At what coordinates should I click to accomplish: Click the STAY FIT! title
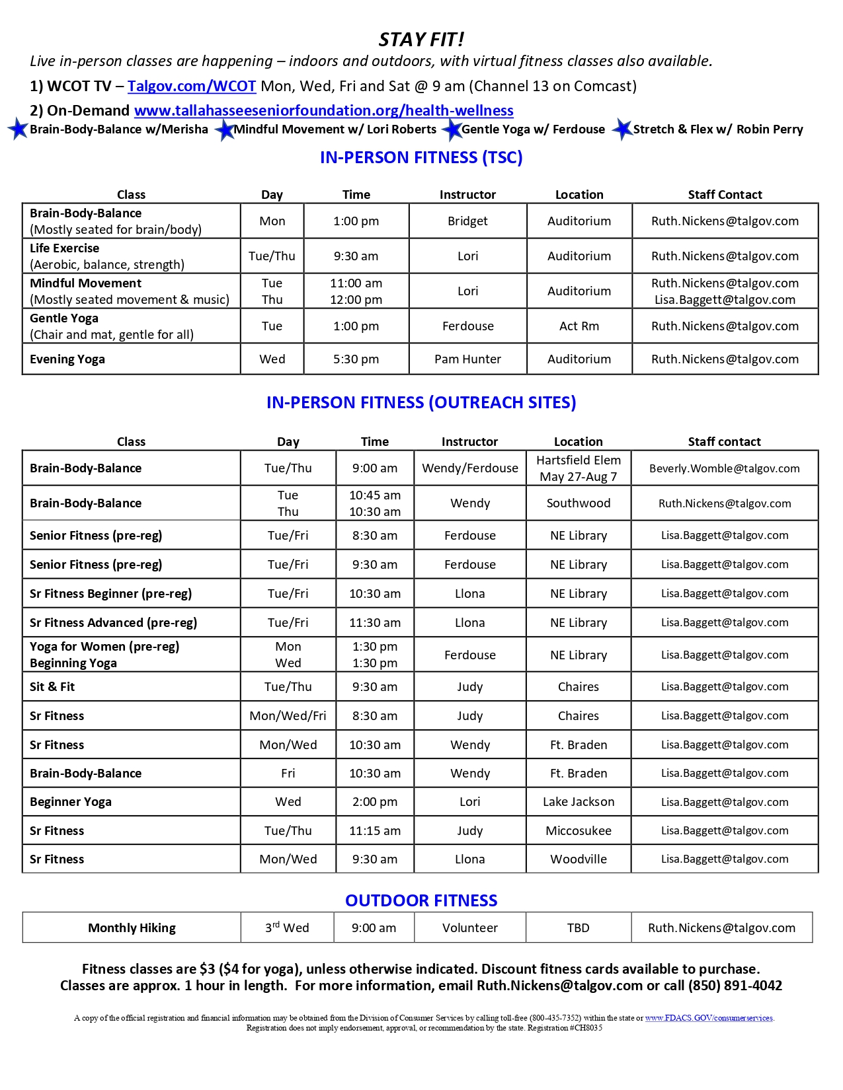[421, 40]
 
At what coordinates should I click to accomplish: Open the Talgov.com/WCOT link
[192, 86]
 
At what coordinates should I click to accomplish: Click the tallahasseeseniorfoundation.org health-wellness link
[323, 110]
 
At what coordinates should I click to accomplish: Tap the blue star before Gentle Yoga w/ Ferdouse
[452, 129]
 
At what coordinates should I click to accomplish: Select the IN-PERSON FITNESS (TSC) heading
[421, 157]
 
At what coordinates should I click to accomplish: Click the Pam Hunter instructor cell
[467, 359]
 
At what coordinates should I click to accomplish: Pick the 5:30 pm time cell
[356, 359]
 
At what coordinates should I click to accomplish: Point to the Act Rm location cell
[579, 326]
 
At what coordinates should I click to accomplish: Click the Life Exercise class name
[65, 248]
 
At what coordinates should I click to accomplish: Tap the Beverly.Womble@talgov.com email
[724, 468]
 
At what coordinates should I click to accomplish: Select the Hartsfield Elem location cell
[579, 460]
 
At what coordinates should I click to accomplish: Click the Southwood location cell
[579, 503]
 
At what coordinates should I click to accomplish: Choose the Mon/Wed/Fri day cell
[288, 715]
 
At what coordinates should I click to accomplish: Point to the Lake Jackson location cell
[579, 801]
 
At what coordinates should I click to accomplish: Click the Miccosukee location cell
[579, 830]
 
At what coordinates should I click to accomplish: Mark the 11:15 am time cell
[374, 830]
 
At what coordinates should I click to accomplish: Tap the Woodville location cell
[579, 859]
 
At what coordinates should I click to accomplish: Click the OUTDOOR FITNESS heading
[421, 900]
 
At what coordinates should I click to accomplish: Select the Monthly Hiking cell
[132, 927]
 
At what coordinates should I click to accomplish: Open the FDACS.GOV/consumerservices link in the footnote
[709, 1018]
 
